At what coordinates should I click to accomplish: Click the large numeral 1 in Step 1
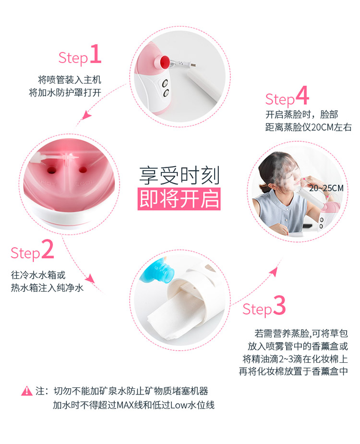click(x=96, y=54)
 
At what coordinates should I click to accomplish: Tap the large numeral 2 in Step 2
click(x=48, y=249)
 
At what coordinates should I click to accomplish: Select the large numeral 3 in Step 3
click(x=279, y=305)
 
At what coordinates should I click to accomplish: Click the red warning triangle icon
click(x=27, y=391)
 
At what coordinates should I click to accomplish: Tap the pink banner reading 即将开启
click(x=179, y=199)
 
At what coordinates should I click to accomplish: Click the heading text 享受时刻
click(x=180, y=175)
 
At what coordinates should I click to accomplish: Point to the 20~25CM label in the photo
click(x=326, y=188)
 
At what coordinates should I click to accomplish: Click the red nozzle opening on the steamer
click(x=164, y=62)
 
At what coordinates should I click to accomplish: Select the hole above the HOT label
click(x=51, y=170)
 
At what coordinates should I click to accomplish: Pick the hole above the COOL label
click(x=83, y=170)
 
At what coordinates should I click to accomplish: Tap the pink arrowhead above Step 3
click(x=273, y=272)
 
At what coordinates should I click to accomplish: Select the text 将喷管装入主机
click(x=70, y=80)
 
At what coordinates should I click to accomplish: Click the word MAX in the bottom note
click(x=125, y=405)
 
